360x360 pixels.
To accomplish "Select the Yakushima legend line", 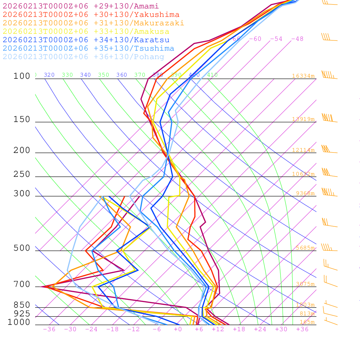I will tap(91, 15).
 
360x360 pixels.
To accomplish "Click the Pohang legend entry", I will tap(84, 57).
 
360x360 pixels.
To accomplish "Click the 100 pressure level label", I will tap(22, 76).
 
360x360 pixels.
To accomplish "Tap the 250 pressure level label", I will tap(22, 174).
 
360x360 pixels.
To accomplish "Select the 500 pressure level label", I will tap(22, 249).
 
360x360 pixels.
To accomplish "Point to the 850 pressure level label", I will tap(22, 305).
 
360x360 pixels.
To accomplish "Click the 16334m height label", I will tap(303, 76).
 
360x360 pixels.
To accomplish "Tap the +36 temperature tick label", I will tap(302, 329).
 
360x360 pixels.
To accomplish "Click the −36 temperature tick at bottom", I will tap(49, 329).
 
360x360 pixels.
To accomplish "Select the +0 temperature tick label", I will tap(178, 329).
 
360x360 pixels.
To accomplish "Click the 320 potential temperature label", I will tap(49, 75).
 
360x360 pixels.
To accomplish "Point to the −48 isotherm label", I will tap(297, 39).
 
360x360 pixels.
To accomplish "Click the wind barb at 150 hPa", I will tap(329, 118).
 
